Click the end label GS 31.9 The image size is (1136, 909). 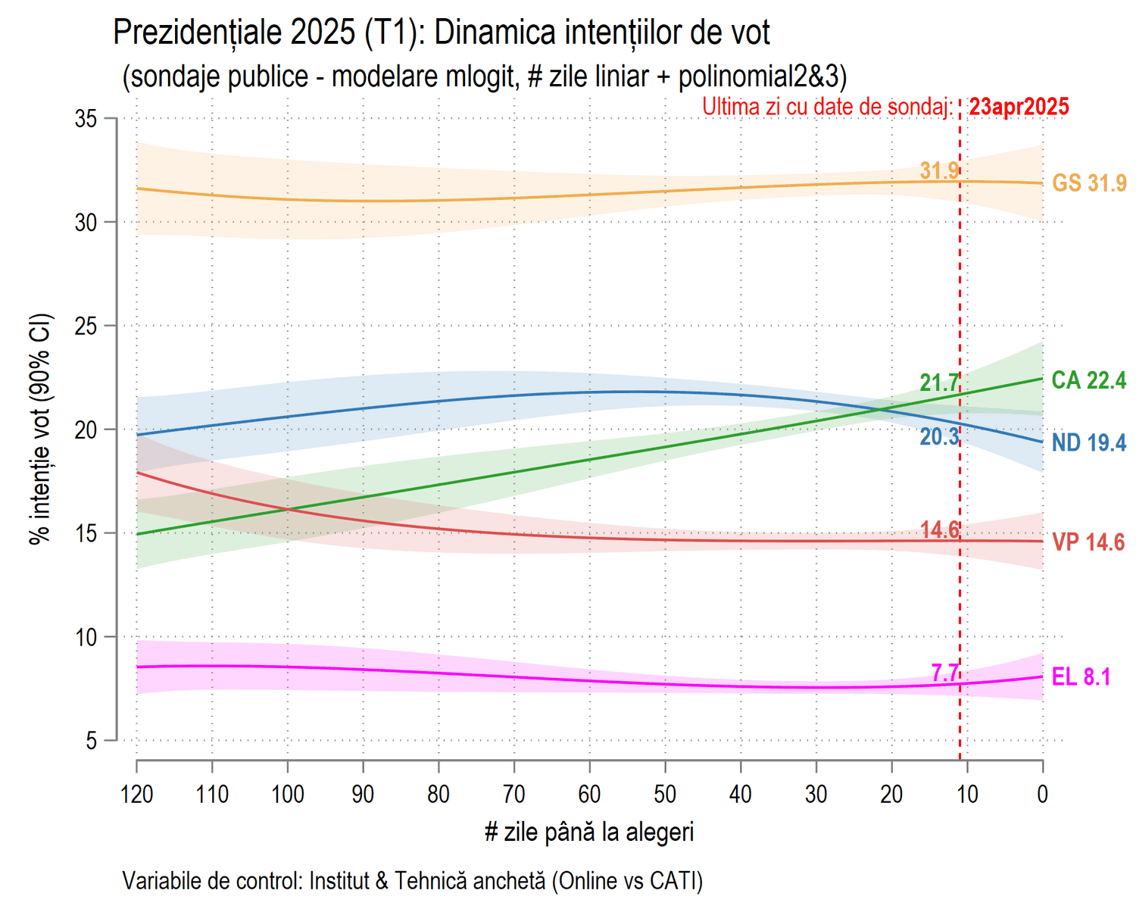pos(1089,183)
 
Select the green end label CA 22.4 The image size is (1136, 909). pos(1088,380)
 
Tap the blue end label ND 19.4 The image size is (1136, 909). pos(1088,443)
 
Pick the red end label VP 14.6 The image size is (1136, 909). pos(1088,542)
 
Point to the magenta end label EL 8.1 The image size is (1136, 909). pos(1081,677)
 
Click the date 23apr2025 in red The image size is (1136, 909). pos(1019,107)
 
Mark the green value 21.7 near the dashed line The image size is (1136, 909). pos(939,383)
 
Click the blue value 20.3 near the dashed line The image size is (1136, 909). pos(939,437)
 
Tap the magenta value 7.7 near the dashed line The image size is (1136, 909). pos(945,673)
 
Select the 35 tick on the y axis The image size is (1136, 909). pos(86,119)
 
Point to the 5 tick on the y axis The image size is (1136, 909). pos(92,741)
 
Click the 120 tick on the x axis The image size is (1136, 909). pos(137,795)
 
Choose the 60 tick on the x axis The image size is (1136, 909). pos(589,795)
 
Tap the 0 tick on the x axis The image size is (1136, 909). pos(1043,795)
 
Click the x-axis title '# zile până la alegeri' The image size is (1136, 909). pos(589,832)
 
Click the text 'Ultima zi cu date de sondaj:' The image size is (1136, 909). pos(827,107)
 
